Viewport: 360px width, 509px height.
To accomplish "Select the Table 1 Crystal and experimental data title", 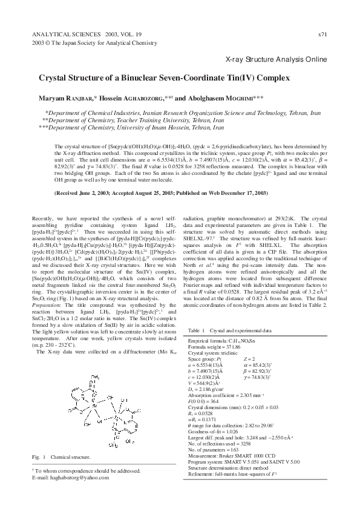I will [229, 331].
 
